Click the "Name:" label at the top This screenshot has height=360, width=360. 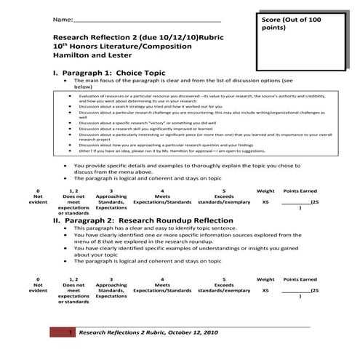pyautogui.click(x=63, y=18)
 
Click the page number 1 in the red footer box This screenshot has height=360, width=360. pyautogui.click(x=69, y=332)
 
